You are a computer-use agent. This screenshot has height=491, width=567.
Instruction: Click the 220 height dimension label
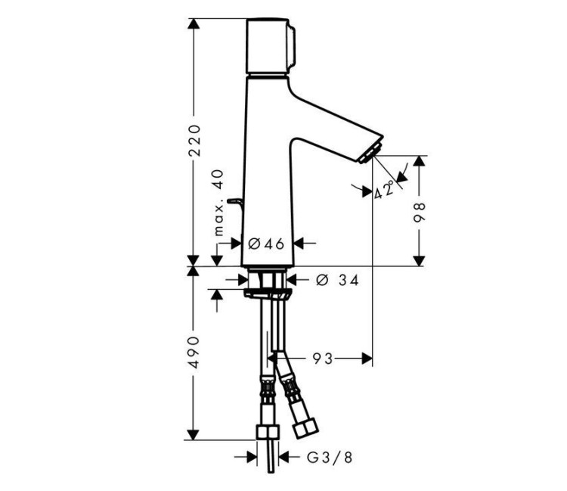194,141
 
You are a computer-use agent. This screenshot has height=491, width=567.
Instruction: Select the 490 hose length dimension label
194,352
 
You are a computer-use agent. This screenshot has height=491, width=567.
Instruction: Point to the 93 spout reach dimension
323,358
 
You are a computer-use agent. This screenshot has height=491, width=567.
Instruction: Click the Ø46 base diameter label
265,243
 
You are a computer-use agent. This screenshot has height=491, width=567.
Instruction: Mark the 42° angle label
385,189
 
